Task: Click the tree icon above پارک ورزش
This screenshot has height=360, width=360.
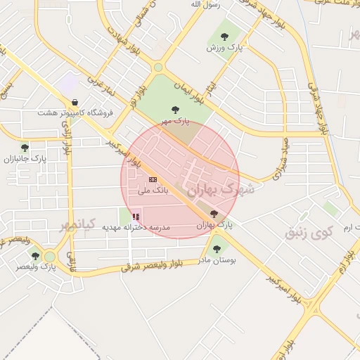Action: pyautogui.click(x=224, y=37)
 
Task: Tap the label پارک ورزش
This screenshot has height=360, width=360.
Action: pyautogui.click(x=224, y=48)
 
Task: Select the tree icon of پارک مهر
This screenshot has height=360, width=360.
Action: pyautogui.click(x=175, y=109)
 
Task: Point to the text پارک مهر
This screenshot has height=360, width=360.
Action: pyautogui.click(x=175, y=121)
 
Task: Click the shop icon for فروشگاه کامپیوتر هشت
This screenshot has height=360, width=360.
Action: pyautogui.click(x=75, y=102)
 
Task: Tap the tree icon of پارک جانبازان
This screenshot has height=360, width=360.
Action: pyautogui.click(x=25, y=148)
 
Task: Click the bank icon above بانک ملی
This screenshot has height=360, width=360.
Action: pyautogui.click(x=153, y=180)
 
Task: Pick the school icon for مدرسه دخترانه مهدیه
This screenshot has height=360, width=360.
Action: pyautogui.click(x=136, y=217)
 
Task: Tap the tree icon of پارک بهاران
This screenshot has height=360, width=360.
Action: pyautogui.click(x=214, y=214)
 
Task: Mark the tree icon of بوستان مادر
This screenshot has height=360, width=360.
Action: pyautogui.click(x=216, y=248)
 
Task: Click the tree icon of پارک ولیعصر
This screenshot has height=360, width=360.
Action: pyautogui.click(x=35, y=256)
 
